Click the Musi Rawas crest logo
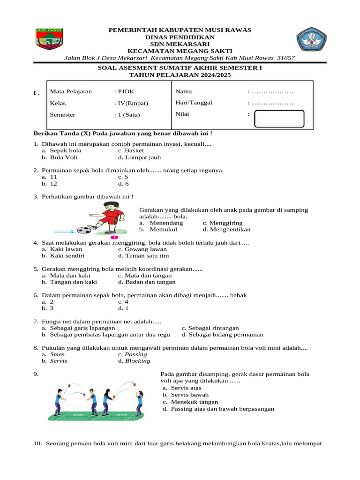point(49,39)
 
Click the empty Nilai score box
point(279,119)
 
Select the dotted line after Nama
point(272,91)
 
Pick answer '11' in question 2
point(53,177)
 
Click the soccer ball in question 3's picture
point(84,230)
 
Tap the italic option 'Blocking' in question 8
point(137,361)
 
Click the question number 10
point(37,443)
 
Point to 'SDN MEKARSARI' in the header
point(180,44)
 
